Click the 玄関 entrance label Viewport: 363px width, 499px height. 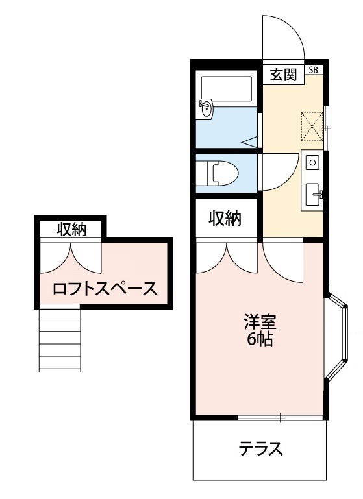click(x=283, y=75)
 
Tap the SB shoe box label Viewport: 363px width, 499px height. click(x=314, y=70)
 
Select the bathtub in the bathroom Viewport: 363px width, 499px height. click(x=227, y=88)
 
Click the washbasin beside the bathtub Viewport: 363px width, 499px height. click(x=206, y=108)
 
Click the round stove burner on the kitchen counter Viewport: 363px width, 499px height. click(x=312, y=163)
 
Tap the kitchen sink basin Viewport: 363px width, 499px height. click(x=314, y=194)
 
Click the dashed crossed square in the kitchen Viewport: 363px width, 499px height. click(x=312, y=126)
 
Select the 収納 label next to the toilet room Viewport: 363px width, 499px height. click(x=225, y=218)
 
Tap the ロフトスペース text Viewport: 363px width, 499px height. click(x=105, y=289)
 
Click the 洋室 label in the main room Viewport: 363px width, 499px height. click(x=260, y=322)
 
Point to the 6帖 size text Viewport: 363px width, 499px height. click(x=260, y=339)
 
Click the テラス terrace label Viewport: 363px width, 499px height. click(x=261, y=449)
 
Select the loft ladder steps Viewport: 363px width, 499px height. click(x=60, y=338)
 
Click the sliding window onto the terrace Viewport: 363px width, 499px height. click(x=281, y=417)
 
